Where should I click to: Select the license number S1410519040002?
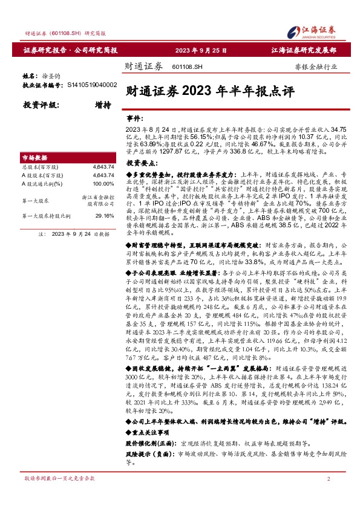(91, 86)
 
